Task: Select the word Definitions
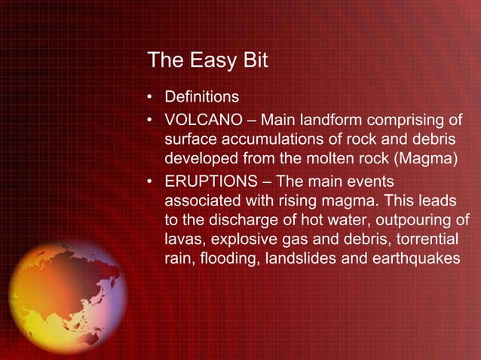202,98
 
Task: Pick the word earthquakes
422,259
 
